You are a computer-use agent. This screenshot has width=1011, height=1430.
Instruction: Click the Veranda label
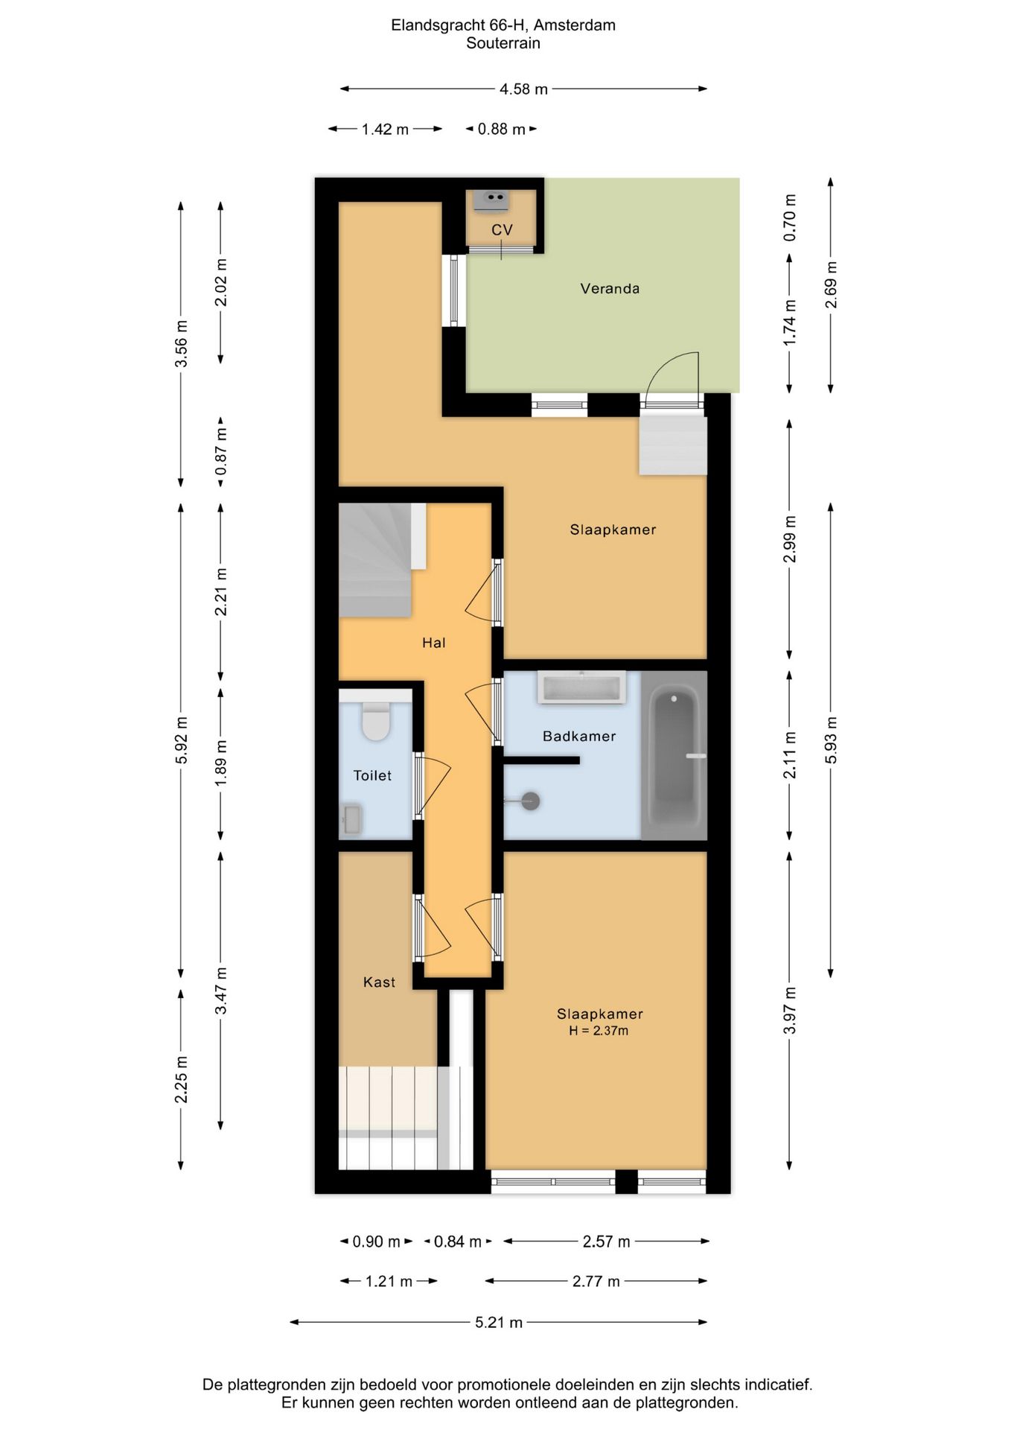(x=610, y=288)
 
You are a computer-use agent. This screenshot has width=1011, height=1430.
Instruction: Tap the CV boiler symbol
(x=491, y=199)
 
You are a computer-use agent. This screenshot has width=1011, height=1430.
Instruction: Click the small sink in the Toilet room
(x=351, y=819)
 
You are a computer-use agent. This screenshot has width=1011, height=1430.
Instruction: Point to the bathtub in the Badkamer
(x=674, y=755)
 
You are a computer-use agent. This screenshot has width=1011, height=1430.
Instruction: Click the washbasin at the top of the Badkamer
(x=581, y=687)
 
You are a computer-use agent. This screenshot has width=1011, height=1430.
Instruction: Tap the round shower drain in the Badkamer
(x=530, y=801)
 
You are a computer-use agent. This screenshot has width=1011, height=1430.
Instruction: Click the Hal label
(x=433, y=643)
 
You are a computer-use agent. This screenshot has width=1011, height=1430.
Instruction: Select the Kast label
(x=379, y=982)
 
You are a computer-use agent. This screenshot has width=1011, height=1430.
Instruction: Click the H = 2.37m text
(x=599, y=1031)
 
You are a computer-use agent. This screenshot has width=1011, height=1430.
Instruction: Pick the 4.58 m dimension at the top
(x=523, y=89)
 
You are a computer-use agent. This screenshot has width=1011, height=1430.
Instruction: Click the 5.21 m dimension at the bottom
(x=499, y=1323)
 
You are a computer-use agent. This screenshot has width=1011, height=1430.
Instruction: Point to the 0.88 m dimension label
(x=501, y=130)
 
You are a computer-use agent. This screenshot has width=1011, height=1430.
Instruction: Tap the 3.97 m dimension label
(x=790, y=1011)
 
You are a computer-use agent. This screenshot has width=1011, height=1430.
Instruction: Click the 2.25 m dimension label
(x=181, y=1079)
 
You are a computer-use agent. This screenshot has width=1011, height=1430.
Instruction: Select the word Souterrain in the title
(x=503, y=43)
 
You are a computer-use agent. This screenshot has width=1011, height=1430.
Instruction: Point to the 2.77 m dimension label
(x=596, y=1281)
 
